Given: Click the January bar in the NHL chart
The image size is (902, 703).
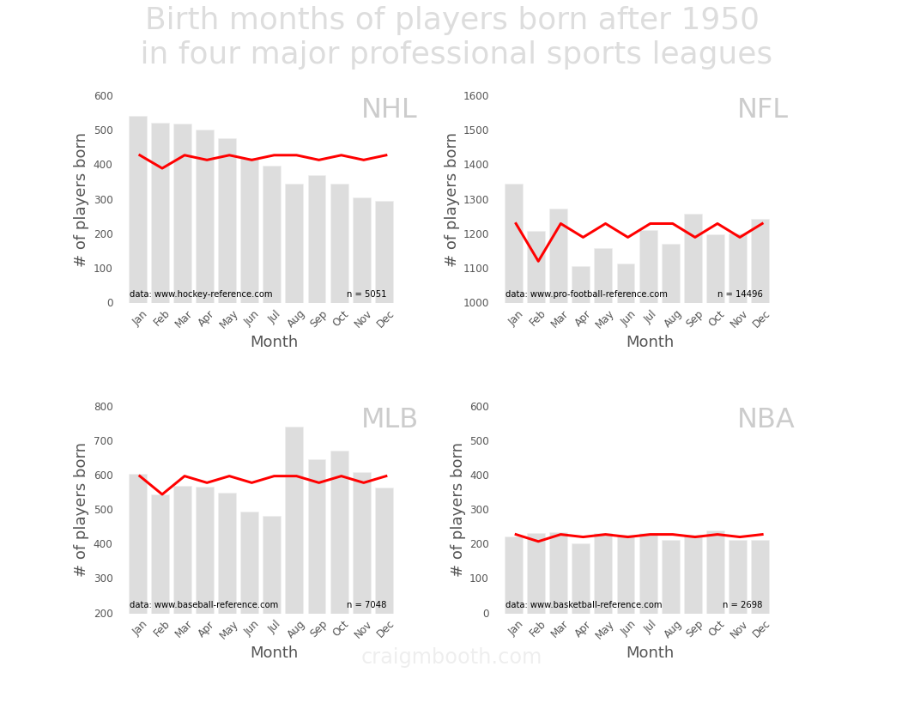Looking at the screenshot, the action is (x=138, y=209).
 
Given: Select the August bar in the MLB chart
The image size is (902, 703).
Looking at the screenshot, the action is (x=294, y=520).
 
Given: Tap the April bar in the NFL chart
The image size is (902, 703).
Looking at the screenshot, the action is (x=581, y=285).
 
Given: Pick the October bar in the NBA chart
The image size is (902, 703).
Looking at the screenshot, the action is (x=716, y=573).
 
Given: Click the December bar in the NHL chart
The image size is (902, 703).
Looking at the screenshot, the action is (x=384, y=252).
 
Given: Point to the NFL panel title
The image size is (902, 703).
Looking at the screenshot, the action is (x=762, y=109).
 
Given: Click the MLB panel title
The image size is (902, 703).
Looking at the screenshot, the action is (x=390, y=419).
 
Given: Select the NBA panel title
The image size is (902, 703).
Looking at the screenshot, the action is (x=766, y=419).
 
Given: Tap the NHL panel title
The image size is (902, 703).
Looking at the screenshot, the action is (x=389, y=109).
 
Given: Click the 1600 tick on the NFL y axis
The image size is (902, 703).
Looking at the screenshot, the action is (x=476, y=96).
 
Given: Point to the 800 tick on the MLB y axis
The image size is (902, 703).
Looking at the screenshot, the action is (x=104, y=407).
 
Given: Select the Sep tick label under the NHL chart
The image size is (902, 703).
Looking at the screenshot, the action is (x=318, y=318).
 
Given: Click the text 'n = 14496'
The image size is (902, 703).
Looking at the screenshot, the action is (x=740, y=294).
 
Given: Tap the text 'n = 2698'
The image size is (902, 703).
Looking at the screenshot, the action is (x=742, y=604).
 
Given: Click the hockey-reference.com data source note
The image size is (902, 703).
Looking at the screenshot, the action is (x=201, y=294).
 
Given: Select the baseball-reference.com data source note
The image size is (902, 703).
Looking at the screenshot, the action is (x=203, y=604).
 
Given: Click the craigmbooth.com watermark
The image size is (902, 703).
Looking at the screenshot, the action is (x=451, y=657).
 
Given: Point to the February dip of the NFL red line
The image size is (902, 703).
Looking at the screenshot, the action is (x=538, y=261).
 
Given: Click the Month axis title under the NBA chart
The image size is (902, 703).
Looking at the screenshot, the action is (x=650, y=652).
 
